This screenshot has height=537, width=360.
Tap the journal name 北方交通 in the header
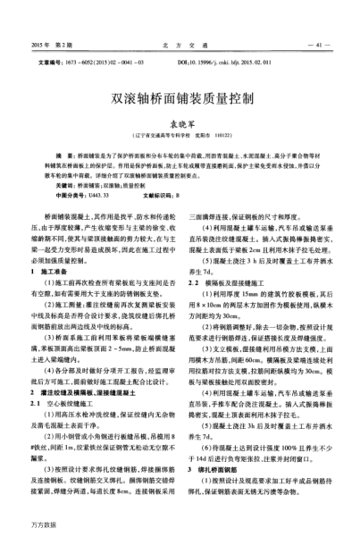[x=179, y=44]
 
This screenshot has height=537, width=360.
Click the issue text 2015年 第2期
[x=51, y=44]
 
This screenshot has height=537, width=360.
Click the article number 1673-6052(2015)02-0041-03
[x=103, y=63]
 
